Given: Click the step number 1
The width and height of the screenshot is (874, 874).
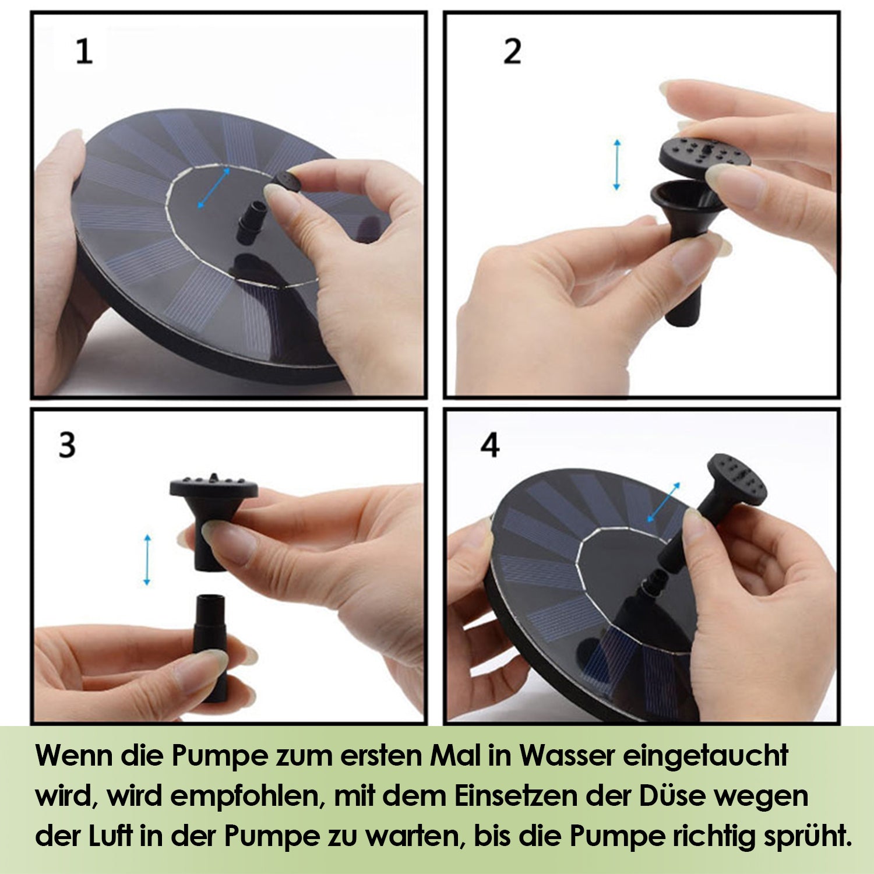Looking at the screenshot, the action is (x=84, y=51).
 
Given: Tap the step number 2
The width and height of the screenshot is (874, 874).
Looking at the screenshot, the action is (x=512, y=51).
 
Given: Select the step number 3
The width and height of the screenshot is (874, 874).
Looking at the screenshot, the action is (x=67, y=445).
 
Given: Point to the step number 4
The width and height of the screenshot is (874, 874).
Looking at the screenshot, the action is (x=490, y=445).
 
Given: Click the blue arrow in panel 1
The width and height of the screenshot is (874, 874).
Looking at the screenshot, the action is (x=213, y=188).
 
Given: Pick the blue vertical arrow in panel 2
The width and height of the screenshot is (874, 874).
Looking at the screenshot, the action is (x=616, y=165).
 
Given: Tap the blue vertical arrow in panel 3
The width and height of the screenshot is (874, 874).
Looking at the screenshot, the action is (x=147, y=560).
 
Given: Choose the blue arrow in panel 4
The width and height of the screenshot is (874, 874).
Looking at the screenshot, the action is (x=663, y=502).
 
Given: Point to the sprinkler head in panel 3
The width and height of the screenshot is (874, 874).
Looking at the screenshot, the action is (x=213, y=518).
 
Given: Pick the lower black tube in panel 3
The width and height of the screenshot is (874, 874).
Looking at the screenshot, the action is (x=211, y=647).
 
